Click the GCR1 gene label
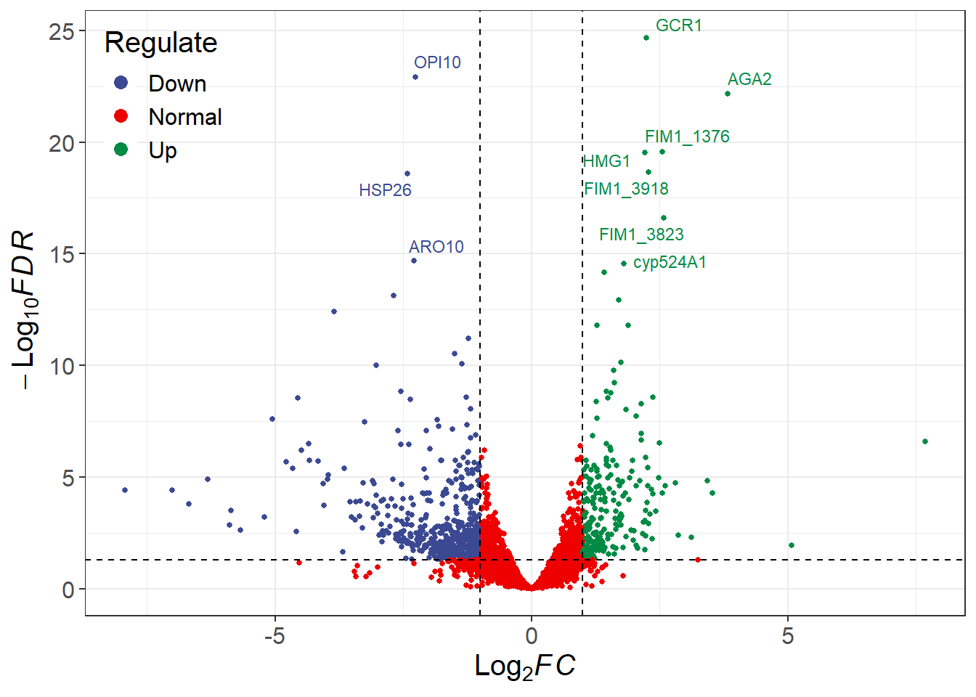(678, 25)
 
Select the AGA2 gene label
(749, 79)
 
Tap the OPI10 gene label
(437, 62)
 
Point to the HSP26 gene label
(385, 190)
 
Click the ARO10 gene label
(436, 247)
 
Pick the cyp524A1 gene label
(670, 262)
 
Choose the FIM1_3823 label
(641, 235)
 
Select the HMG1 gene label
(607, 161)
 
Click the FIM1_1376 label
(687, 136)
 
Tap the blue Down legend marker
(121, 83)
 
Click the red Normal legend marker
(121, 116)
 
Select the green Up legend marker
(121, 150)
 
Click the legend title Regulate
(160, 43)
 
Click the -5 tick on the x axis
(274, 636)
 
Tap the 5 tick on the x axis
(788, 636)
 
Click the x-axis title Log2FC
(524, 666)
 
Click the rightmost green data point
(925, 441)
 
